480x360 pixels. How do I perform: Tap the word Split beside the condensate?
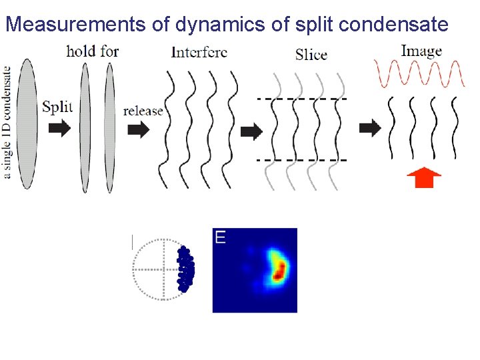tap(58, 107)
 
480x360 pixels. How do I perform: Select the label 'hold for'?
tap(92, 51)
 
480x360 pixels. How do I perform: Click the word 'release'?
tap(143, 110)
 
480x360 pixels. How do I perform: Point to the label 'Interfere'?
tap(199, 52)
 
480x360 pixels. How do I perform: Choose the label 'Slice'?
tap(311, 54)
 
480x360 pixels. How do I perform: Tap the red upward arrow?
tap(424, 177)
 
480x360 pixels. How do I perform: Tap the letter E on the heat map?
tap(220, 236)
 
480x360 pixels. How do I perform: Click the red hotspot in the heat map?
tap(280, 270)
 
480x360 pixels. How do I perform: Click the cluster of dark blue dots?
tap(186, 269)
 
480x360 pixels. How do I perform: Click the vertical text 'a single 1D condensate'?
tap(7, 123)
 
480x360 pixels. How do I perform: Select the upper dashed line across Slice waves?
tap(301, 99)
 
